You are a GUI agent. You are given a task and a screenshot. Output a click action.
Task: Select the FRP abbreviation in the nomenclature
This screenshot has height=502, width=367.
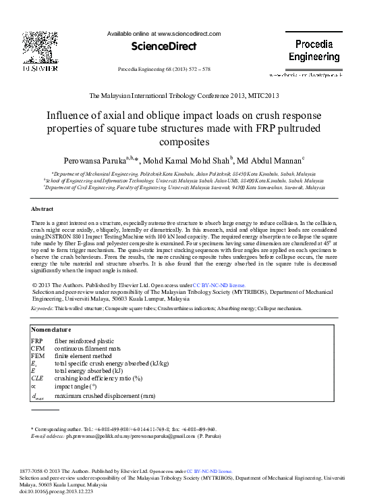tap(37, 341)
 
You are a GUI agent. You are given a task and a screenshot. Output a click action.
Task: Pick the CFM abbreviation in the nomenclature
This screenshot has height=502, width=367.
tap(38, 349)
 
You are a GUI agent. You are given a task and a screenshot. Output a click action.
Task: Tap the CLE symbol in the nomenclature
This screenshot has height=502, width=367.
tap(37, 378)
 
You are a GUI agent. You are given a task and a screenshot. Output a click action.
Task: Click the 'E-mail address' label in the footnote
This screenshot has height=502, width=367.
tap(46, 437)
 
